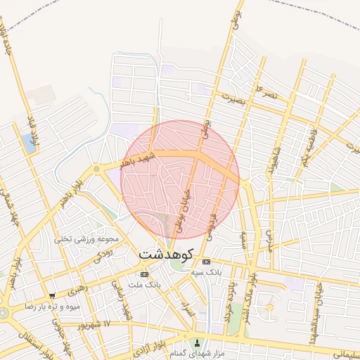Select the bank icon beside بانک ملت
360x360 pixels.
[x=145, y=274]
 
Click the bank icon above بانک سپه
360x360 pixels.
[x=206, y=262]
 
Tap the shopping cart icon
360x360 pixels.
[x=52, y=296]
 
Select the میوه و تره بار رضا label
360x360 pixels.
[x=52, y=307]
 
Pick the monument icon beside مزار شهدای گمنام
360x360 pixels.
[x=198, y=344]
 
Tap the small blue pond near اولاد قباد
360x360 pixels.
[x=29, y=143]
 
